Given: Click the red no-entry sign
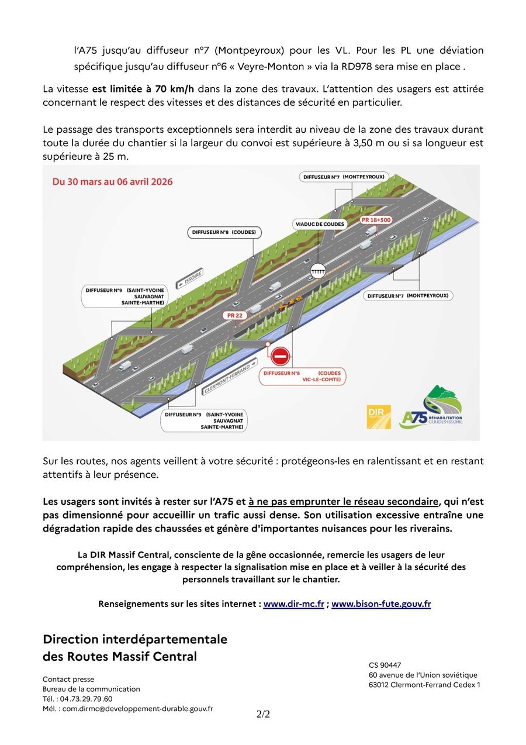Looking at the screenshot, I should tap(280, 355).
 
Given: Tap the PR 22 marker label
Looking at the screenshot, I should tap(234, 315).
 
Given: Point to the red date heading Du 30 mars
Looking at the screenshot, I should tap(113, 182).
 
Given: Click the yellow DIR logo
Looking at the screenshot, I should tap(378, 417).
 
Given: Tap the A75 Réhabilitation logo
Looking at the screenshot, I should tap(433, 407).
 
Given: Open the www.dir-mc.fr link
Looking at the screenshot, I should tap(293, 604).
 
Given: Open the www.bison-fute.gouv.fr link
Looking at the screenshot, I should tap(381, 604).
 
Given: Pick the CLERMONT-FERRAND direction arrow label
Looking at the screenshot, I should tap(227, 378).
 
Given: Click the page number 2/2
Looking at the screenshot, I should tap(263, 714).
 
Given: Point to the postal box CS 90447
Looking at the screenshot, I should tap(385, 665).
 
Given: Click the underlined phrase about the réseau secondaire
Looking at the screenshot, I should tap(343, 502).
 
